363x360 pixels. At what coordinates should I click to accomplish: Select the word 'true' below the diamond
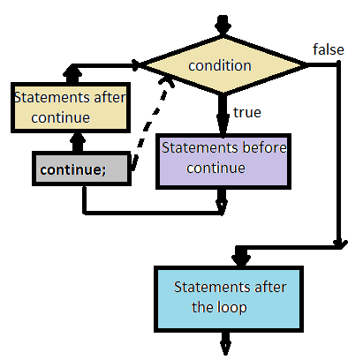(246, 112)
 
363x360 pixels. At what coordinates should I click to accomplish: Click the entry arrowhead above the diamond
(221, 23)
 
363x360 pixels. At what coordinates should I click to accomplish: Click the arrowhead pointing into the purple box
(221, 125)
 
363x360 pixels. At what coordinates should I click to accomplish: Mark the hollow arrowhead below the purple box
(221, 206)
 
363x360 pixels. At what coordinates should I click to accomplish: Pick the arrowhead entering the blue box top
(238, 259)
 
